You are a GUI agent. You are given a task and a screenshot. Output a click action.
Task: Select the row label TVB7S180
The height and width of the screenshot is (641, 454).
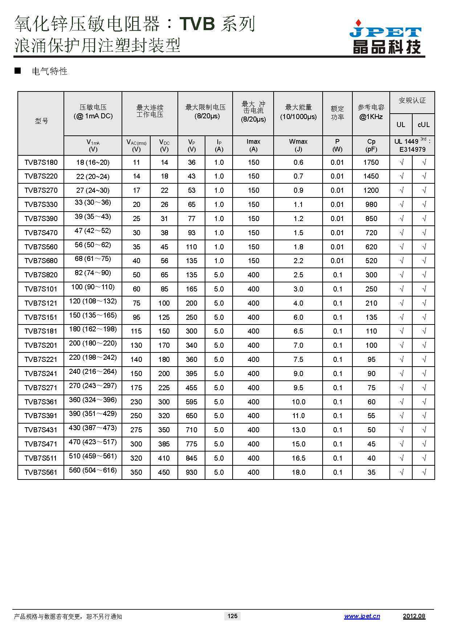[x=41, y=163]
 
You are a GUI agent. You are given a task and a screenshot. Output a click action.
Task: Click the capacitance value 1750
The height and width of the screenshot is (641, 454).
[x=371, y=163]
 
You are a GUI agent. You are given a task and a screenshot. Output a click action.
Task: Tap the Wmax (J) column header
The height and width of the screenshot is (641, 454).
[x=298, y=145]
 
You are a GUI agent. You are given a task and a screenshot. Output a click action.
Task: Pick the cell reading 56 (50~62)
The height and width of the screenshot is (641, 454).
[x=93, y=245]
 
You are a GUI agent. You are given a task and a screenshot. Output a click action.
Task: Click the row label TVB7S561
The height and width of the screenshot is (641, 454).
[x=41, y=473]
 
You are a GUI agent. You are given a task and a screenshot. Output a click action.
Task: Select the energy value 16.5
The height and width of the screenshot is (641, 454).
[x=298, y=458]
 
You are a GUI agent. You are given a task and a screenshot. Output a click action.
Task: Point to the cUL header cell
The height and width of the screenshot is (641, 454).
[x=424, y=125]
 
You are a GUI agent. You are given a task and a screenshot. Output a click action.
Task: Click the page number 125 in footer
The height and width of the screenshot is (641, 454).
[x=232, y=616]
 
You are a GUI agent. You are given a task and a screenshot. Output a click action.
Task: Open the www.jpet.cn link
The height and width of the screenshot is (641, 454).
[x=362, y=616]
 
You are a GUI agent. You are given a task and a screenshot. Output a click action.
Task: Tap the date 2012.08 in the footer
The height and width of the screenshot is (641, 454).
[x=414, y=616]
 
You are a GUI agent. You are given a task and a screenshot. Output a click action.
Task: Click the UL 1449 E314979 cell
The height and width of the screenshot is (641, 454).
[x=412, y=146]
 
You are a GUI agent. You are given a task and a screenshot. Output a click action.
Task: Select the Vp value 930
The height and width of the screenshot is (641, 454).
[x=191, y=473]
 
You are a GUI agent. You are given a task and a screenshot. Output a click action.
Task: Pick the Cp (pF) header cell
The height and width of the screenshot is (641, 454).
[x=371, y=145]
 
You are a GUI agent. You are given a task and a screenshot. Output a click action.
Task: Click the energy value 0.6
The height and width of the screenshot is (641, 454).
[x=298, y=163]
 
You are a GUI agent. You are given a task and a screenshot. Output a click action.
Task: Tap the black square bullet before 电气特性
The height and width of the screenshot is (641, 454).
[x=17, y=71]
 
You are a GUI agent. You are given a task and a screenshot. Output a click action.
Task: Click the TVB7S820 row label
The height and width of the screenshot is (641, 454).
[x=41, y=275]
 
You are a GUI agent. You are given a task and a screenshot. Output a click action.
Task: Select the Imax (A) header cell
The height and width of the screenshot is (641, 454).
[x=253, y=145]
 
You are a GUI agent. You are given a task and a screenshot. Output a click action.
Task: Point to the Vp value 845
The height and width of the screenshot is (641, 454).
[x=191, y=458]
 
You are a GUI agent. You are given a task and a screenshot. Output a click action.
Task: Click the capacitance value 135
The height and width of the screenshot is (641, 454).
[x=371, y=317]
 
